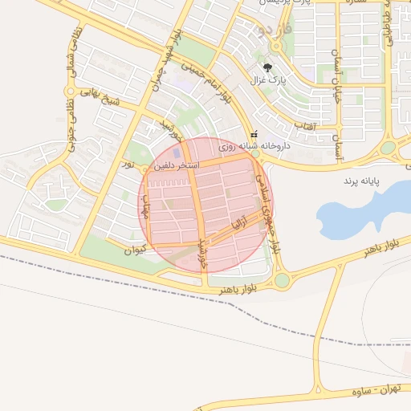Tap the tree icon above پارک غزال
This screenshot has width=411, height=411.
click(267, 68)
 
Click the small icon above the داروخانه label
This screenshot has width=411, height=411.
click(254, 134)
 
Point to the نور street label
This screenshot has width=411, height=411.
click(127, 164)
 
